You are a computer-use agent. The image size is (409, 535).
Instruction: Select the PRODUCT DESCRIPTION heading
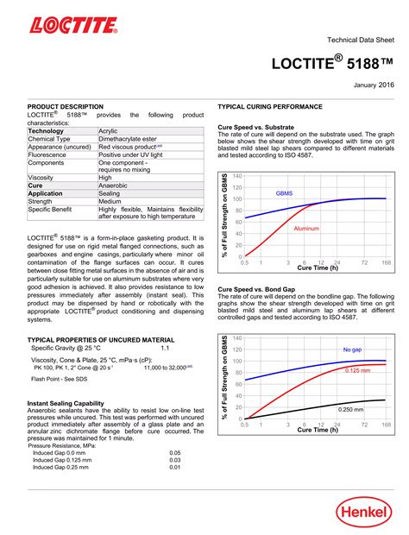tap(66, 106)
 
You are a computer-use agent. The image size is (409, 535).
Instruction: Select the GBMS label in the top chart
tap(285, 193)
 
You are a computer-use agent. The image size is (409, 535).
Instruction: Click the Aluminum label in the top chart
tap(306, 229)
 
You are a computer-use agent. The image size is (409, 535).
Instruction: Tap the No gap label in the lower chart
tap(352, 349)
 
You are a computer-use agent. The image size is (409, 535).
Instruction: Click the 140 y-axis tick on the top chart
tap(237, 175)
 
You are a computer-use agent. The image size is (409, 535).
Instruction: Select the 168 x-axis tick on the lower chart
tap(385, 424)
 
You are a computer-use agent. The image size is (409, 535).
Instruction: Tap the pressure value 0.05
tap(174, 452)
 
